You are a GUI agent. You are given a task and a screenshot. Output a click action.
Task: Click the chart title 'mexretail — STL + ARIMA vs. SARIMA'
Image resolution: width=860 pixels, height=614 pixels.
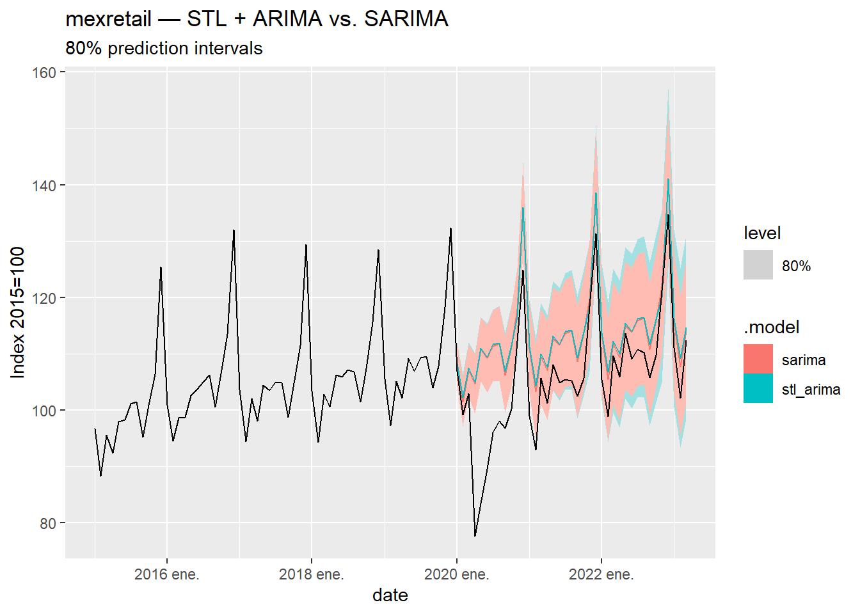point(257,19)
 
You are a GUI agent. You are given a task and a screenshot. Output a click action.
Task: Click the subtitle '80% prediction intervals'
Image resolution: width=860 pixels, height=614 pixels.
point(164,49)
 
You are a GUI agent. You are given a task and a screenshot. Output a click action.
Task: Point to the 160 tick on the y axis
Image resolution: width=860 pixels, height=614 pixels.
point(44,73)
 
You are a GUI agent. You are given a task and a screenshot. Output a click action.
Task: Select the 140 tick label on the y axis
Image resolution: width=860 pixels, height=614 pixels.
point(44,185)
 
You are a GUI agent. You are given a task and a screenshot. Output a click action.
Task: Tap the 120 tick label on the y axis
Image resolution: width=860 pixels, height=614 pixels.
point(44,298)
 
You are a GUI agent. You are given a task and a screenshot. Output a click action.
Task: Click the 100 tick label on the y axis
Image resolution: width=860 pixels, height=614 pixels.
point(44,411)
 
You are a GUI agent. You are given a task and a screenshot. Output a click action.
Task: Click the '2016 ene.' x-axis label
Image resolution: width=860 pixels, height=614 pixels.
point(166,574)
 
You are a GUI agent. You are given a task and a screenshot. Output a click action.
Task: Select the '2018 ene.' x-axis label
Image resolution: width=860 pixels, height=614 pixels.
point(311,574)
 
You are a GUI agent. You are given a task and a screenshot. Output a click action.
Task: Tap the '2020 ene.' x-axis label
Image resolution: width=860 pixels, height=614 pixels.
point(456,574)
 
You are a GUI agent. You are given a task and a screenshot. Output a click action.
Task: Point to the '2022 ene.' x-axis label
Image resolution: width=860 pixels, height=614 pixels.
point(601,574)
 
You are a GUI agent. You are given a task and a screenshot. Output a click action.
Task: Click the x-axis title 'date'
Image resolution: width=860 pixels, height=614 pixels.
point(390,595)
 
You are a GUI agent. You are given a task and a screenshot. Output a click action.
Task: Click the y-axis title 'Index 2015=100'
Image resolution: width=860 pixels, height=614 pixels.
point(18,312)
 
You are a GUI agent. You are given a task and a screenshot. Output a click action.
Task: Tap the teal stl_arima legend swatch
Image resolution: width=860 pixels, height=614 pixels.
point(758,388)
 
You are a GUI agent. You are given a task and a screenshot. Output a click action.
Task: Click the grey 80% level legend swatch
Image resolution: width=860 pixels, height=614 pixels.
point(758,265)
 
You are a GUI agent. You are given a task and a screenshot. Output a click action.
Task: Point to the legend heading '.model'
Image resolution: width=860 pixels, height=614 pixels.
point(772,327)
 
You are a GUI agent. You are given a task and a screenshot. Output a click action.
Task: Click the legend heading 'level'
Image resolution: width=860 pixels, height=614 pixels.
point(762,233)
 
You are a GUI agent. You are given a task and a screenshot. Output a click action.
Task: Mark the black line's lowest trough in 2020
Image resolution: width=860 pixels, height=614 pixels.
point(475,535)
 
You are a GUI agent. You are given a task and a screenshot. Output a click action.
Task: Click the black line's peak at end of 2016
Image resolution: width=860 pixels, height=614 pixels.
point(234,231)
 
